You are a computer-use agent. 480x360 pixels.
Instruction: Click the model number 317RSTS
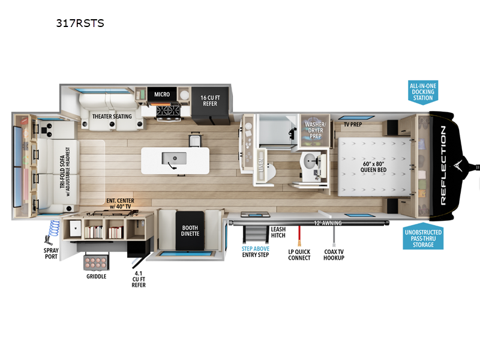(x=80, y=23)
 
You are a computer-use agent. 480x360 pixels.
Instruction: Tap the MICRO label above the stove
(x=162, y=94)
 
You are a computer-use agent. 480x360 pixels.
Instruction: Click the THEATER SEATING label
(x=112, y=116)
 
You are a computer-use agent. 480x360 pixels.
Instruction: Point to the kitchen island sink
(x=174, y=158)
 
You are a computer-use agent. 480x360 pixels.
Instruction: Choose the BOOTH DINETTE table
(x=190, y=230)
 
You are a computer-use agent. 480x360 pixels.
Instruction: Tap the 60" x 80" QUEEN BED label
(x=373, y=167)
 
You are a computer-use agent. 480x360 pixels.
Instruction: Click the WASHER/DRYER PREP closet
(x=315, y=130)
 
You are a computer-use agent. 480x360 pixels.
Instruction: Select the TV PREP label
(x=353, y=124)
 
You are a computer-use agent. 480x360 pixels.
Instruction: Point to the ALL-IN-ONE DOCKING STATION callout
(x=423, y=92)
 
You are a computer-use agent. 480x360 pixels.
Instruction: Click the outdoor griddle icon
(x=96, y=262)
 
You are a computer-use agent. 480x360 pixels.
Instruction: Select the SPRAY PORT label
(x=51, y=253)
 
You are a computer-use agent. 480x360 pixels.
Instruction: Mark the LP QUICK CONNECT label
(x=299, y=254)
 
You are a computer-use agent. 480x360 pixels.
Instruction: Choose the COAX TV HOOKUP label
(x=334, y=254)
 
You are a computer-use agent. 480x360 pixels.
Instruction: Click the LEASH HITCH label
(x=278, y=232)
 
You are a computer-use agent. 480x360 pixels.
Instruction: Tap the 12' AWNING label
(x=328, y=223)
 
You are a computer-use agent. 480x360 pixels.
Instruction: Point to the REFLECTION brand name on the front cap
(x=443, y=166)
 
